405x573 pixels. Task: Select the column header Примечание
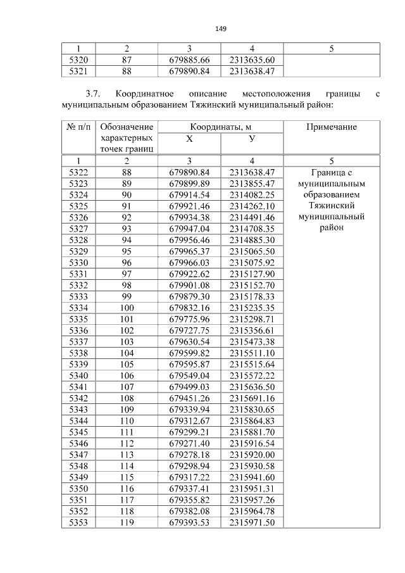coord(331,127)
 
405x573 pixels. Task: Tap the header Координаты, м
coord(220,127)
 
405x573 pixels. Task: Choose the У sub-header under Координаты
coord(252,139)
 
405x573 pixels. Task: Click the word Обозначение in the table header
coord(127,127)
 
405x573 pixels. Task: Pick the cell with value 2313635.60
coord(252,60)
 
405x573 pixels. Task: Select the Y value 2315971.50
coord(252,522)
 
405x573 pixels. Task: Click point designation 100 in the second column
coord(127,308)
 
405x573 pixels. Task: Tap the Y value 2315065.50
coord(252,251)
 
